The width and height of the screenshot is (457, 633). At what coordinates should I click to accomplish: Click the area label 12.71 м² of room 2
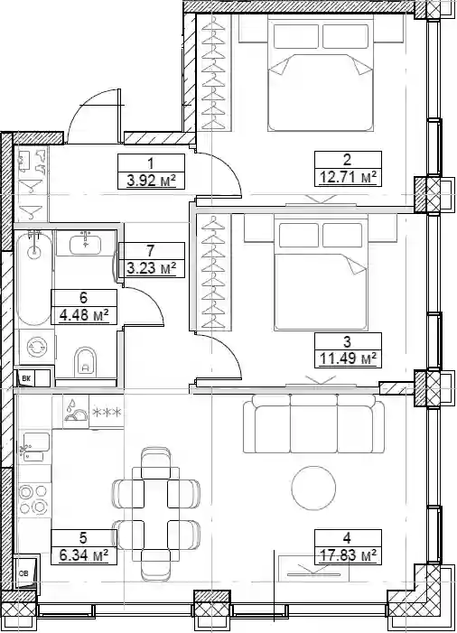pyautogui.click(x=348, y=177)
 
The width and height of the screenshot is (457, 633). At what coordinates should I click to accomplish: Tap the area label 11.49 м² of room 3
pyautogui.click(x=348, y=358)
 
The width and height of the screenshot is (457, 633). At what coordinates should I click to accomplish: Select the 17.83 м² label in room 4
pyautogui.click(x=348, y=555)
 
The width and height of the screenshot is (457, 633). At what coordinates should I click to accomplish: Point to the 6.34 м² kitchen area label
pyautogui.click(x=84, y=555)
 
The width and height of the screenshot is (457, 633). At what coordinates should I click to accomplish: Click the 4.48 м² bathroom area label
pyautogui.click(x=84, y=315)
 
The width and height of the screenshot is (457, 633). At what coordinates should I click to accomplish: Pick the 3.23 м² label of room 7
pyautogui.click(x=151, y=268)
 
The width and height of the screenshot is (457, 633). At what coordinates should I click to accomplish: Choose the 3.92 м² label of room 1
pyautogui.click(x=151, y=181)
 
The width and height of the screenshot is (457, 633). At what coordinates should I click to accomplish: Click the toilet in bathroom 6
pyautogui.click(x=85, y=360)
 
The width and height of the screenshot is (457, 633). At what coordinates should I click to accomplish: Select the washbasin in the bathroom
pyautogui.click(x=85, y=244)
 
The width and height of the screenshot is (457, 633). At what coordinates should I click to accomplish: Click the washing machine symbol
pyautogui.click(x=37, y=347)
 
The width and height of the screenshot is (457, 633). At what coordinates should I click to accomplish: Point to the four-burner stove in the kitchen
pyautogui.click(x=34, y=499)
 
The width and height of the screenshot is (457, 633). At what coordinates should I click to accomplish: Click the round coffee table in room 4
pyautogui.click(x=313, y=489)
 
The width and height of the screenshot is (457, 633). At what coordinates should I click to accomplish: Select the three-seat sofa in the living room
pyautogui.click(x=313, y=424)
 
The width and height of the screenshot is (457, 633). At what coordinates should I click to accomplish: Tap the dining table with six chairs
pyautogui.click(x=156, y=514)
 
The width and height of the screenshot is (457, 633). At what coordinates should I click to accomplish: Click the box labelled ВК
pyautogui.click(x=26, y=378)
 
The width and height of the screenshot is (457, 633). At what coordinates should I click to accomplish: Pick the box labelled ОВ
pyautogui.click(x=25, y=572)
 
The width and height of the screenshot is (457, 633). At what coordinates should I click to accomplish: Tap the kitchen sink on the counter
pyautogui.click(x=36, y=447)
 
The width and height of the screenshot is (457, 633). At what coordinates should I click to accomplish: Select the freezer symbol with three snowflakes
pyautogui.click(x=107, y=412)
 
